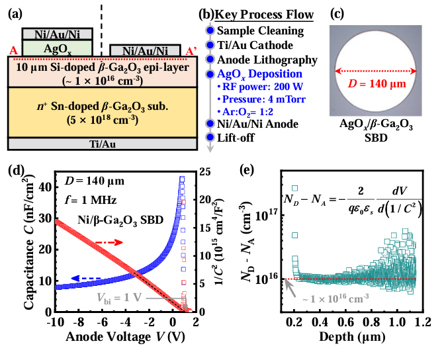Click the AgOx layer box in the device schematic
pyautogui.click(x=57, y=48)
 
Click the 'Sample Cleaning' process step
pyautogui.click(x=260, y=30)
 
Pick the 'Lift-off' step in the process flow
pyautogui.click(x=238, y=137)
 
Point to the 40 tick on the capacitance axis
pyautogui.click(x=45, y=187)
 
